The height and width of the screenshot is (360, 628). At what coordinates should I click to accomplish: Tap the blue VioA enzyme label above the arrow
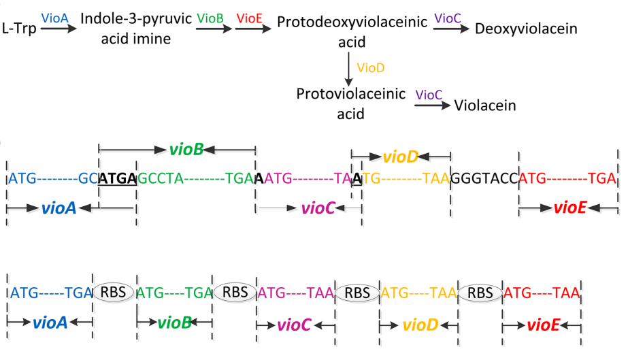click(54, 18)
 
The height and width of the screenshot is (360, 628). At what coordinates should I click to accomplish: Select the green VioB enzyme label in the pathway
click(210, 18)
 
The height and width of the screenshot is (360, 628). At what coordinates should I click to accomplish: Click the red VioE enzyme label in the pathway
click(250, 18)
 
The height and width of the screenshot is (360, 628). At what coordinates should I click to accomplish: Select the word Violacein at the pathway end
click(485, 105)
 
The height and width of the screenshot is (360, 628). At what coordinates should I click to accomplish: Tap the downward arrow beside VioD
click(349, 69)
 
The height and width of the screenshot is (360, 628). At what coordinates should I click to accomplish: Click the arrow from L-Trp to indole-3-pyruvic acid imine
click(59, 31)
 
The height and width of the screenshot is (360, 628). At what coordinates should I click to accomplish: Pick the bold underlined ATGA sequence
click(118, 178)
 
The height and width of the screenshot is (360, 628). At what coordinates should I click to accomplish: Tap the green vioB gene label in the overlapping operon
click(185, 148)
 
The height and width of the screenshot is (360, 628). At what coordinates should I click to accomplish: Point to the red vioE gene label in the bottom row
click(543, 325)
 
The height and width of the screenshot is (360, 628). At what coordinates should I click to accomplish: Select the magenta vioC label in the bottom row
click(295, 325)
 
